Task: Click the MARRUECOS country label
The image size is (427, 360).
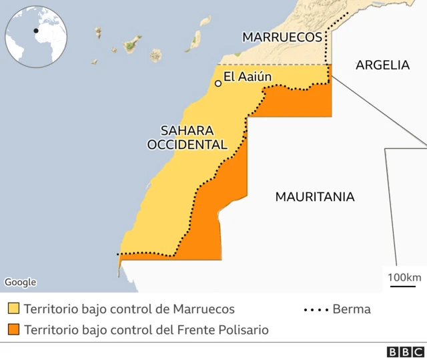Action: click(282, 37)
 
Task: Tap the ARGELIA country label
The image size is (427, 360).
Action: click(382, 65)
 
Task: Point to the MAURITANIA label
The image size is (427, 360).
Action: click(315, 197)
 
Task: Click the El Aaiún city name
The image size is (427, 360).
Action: click(248, 77)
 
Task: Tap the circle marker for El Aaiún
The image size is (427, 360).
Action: click(218, 83)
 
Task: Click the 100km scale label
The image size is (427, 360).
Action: click(404, 277)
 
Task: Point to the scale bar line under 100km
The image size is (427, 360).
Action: click(403, 287)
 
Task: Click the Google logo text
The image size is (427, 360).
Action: click(20, 282)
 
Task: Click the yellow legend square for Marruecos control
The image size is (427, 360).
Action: click(13, 309)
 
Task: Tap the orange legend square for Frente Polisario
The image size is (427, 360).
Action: click(13, 329)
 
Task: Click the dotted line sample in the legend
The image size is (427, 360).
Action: click(316, 310)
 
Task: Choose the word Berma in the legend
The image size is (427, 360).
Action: click(351, 309)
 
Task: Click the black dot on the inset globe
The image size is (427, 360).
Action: click(36, 30)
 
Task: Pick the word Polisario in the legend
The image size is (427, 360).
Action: click(243, 329)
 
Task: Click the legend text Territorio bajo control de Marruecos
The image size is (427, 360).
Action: click(129, 309)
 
